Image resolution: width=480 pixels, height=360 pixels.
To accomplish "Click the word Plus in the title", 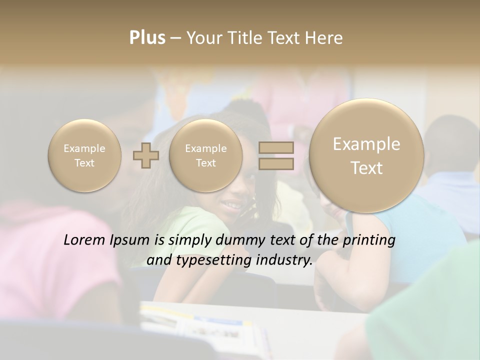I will (x=147, y=38).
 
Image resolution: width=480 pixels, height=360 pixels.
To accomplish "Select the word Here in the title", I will (x=325, y=38).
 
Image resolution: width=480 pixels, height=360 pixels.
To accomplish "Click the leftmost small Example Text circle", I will (x=84, y=155).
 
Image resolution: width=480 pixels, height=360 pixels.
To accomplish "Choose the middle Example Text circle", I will (x=205, y=155).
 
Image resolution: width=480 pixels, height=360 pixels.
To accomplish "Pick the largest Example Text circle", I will (x=366, y=155).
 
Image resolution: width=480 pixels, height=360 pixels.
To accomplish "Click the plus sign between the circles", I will (x=146, y=155).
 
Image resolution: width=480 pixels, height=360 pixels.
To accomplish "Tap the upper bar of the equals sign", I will (x=275, y=147).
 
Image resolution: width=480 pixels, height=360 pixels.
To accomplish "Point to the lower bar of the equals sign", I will (x=275, y=163).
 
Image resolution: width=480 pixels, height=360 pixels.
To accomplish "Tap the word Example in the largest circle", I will (x=366, y=144).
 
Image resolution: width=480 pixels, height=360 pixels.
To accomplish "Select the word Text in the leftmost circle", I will (x=84, y=163).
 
